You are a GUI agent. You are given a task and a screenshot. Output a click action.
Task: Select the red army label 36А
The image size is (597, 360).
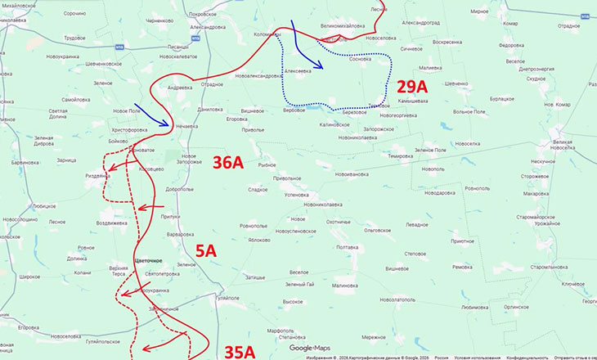tap(228, 163)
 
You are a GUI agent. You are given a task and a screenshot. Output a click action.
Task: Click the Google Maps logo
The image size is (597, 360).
tap(309, 348)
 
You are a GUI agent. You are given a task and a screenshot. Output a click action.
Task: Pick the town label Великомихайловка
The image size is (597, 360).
tap(343, 27)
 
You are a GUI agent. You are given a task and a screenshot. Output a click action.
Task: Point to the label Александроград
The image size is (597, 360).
tap(424, 22)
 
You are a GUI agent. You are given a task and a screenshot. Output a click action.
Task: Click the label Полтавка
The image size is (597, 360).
tap(342, 247)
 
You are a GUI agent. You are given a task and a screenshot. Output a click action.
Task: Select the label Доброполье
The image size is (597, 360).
tap(179, 189)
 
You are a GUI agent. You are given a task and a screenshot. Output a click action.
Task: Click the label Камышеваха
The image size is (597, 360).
tap(412, 103)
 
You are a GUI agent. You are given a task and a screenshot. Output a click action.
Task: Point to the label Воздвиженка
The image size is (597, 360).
tap(111, 223)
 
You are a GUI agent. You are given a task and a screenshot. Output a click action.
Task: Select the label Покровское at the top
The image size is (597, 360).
tap(201, 15)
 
